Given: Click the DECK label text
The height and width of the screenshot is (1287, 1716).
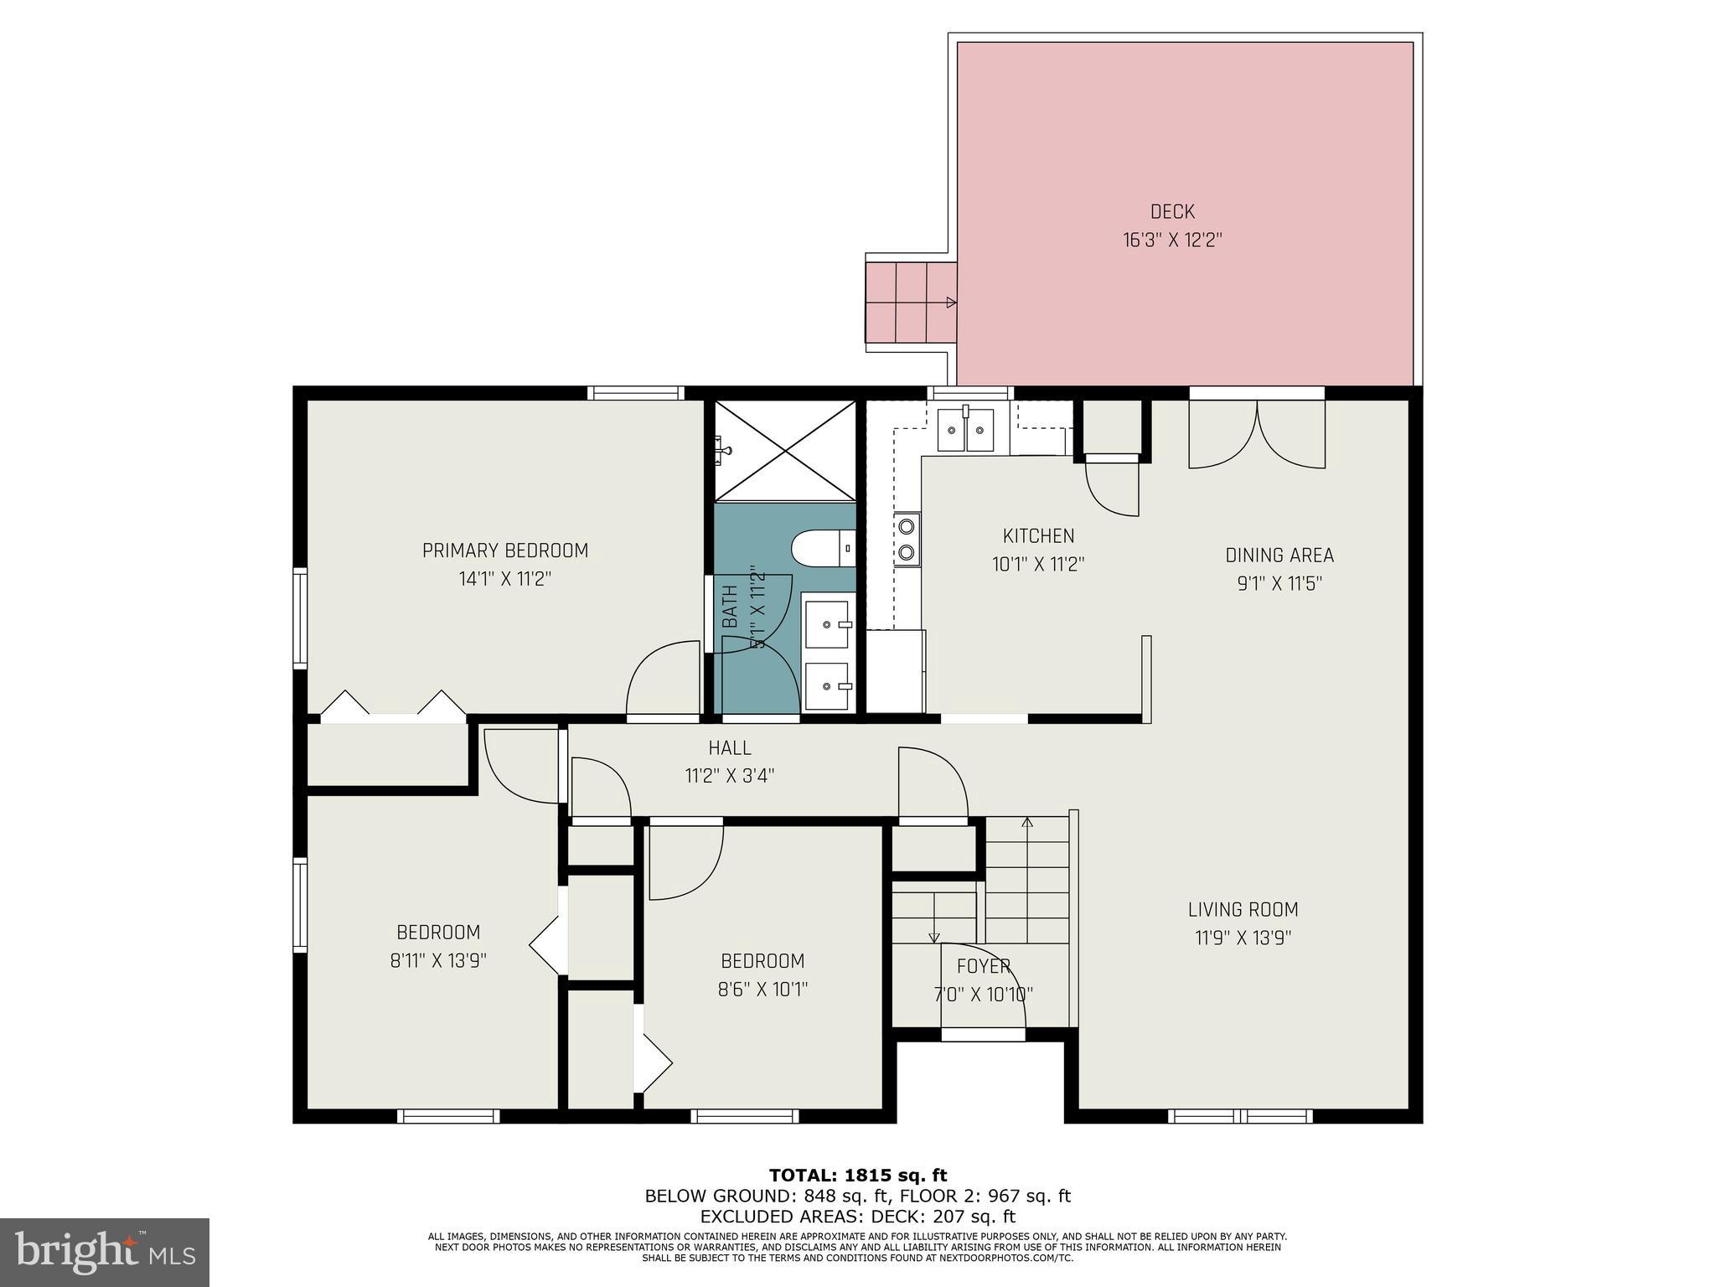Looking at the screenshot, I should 1171,212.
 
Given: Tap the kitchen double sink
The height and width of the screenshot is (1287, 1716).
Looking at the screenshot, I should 966,430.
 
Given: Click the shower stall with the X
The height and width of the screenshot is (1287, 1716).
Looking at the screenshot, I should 785,451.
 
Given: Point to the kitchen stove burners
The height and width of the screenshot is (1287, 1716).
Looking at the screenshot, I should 906,540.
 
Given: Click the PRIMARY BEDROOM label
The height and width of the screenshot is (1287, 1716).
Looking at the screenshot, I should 504,550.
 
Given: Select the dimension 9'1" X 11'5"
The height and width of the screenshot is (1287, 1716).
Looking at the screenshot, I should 1279,584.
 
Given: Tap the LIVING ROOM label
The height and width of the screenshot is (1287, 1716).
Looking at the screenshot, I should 1243,909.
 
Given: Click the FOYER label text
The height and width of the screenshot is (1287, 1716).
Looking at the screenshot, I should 983,966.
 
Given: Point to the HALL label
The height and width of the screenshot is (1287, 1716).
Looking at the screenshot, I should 729,747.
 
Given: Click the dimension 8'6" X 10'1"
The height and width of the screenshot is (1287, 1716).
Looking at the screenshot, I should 762,990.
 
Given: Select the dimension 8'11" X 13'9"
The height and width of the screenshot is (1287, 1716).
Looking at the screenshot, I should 438,960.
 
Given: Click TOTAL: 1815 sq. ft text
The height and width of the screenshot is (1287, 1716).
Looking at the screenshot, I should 857,1176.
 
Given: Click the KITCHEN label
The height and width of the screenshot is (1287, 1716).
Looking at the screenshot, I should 1038,535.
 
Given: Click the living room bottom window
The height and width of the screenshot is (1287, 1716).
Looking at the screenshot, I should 1240,1115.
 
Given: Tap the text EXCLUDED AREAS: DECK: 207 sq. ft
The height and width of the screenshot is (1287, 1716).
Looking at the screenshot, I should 857,1217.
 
